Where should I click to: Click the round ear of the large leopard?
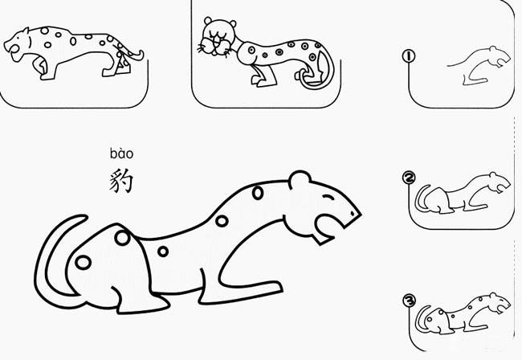click(x=300, y=180)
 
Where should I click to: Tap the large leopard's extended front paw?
click(x=265, y=287)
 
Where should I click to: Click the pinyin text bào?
click(x=121, y=153)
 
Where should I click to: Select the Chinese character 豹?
click(x=121, y=180)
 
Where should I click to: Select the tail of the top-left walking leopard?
click(x=137, y=56)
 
